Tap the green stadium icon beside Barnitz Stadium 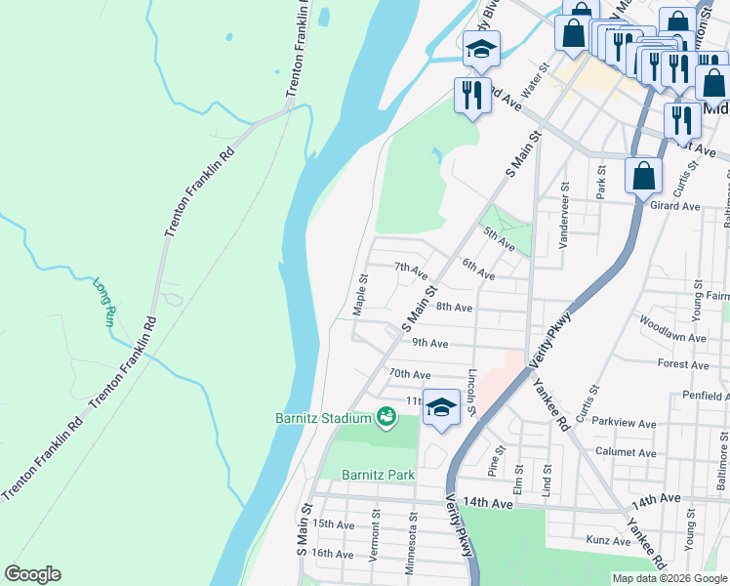(386, 418)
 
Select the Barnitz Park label (378, 475)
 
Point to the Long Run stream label (105, 303)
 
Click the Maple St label (359, 293)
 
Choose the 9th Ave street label (429, 343)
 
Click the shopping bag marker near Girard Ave (643, 178)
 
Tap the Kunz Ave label (609, 540)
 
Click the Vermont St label (374, 545)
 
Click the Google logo (32, 574)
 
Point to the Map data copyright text (669, 578)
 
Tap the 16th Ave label (332, 554)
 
